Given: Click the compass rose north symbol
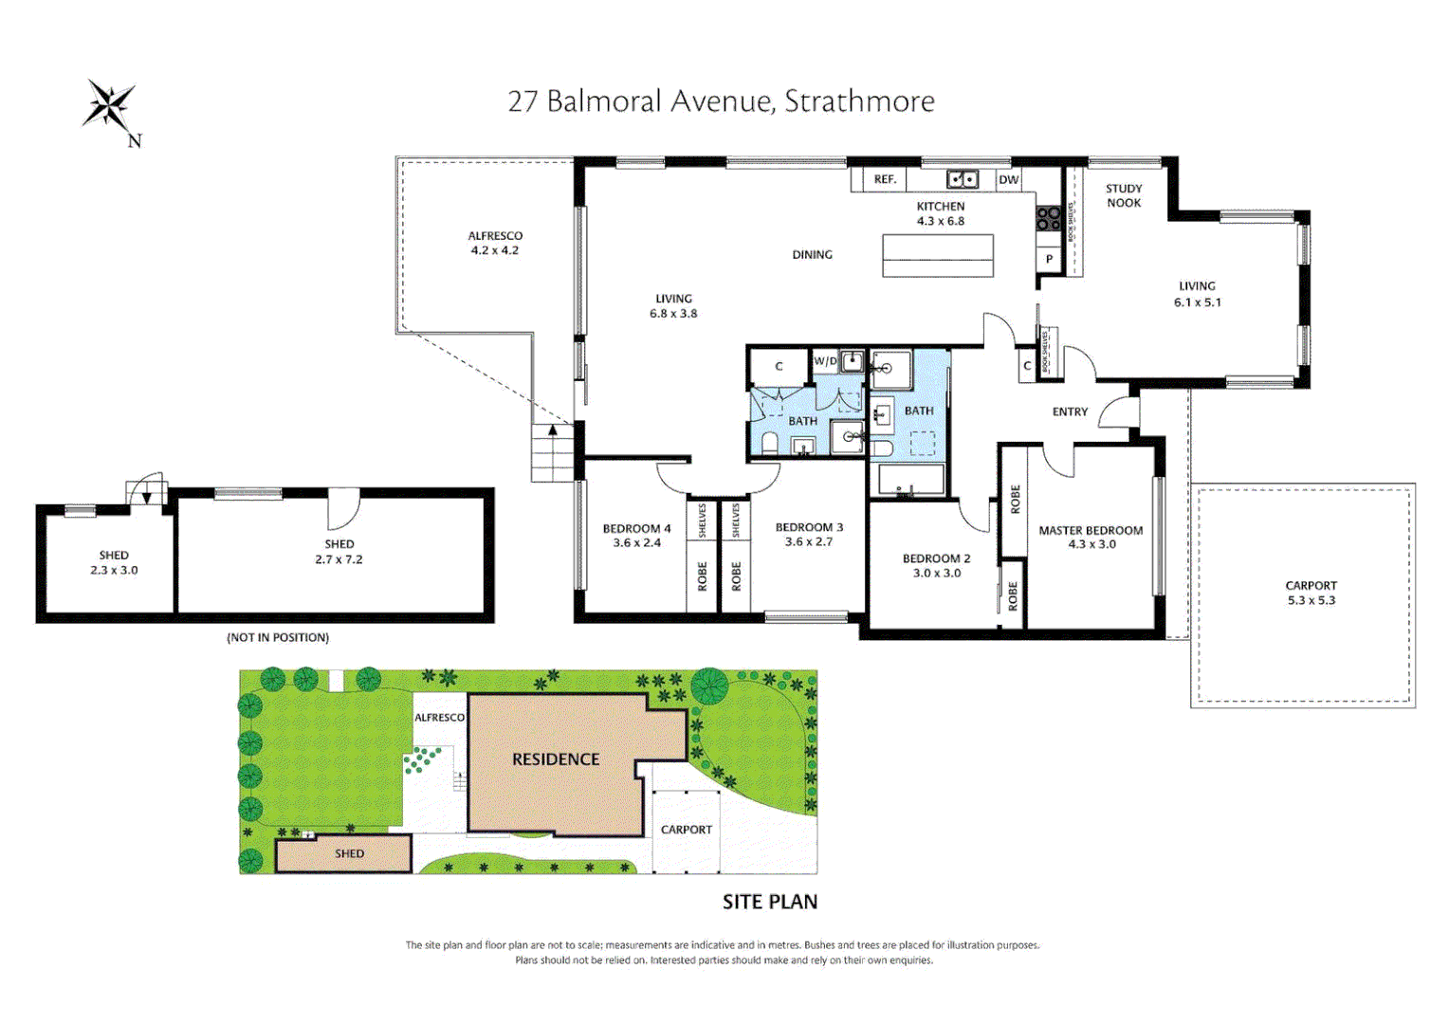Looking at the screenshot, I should [111, 106].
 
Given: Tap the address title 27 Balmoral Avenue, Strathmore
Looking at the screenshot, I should [721, 101].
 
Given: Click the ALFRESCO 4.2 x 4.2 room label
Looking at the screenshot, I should [495, 243].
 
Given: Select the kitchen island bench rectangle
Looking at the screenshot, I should [937, 255].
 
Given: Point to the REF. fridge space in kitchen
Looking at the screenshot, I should [885, 179].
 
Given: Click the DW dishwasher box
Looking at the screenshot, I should [1008, 179].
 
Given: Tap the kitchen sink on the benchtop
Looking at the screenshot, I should [963, 178].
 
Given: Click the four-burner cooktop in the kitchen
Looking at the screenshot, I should [1048, 218].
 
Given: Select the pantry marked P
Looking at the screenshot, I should [1049, 259].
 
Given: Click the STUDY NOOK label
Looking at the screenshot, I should [1124, 195].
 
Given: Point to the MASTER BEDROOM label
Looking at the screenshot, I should [1091, 537].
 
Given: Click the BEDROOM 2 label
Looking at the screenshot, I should [936, 565].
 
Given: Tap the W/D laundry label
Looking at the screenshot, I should [825, 361].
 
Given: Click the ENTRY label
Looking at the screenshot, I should [1070, 411].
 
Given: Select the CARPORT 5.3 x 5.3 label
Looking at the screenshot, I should [1311, 593].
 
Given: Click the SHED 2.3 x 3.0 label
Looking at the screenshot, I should [114, 562].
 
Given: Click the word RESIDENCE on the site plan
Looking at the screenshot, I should [556, 759].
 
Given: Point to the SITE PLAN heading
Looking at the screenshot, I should [769, 902].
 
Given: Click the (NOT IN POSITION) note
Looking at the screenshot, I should [278, 637].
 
